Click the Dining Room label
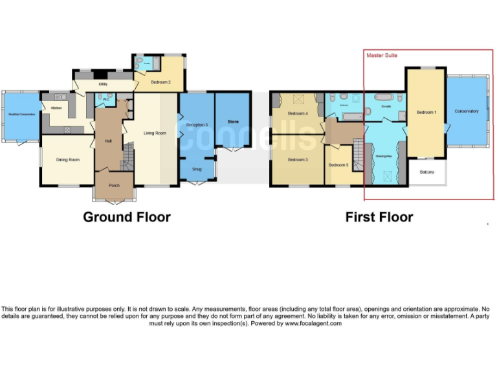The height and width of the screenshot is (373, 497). pos(68,159)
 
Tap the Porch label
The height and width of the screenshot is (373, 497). pos(114,186)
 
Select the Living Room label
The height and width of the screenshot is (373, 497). pos(155,133)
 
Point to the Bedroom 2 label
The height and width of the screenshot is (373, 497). pos(161,82)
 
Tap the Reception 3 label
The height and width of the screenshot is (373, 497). pos(197,124)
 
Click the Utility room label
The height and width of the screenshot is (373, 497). pos(103,84)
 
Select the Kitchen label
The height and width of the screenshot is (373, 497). pos(56,107)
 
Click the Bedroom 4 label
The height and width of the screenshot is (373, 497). pos(298,114)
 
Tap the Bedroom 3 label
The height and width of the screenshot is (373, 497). pos(297,159)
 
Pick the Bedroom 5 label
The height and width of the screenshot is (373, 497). pos(338,165)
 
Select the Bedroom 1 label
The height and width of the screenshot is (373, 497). pos(426,113)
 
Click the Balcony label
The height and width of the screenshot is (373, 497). pos(426,172)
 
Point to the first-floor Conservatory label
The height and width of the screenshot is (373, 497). pos(467,111)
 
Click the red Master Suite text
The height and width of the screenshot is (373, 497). pos(382,56)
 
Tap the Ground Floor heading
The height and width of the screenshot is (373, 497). pos(127,217)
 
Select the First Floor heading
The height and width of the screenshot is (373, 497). pos(379,217)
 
